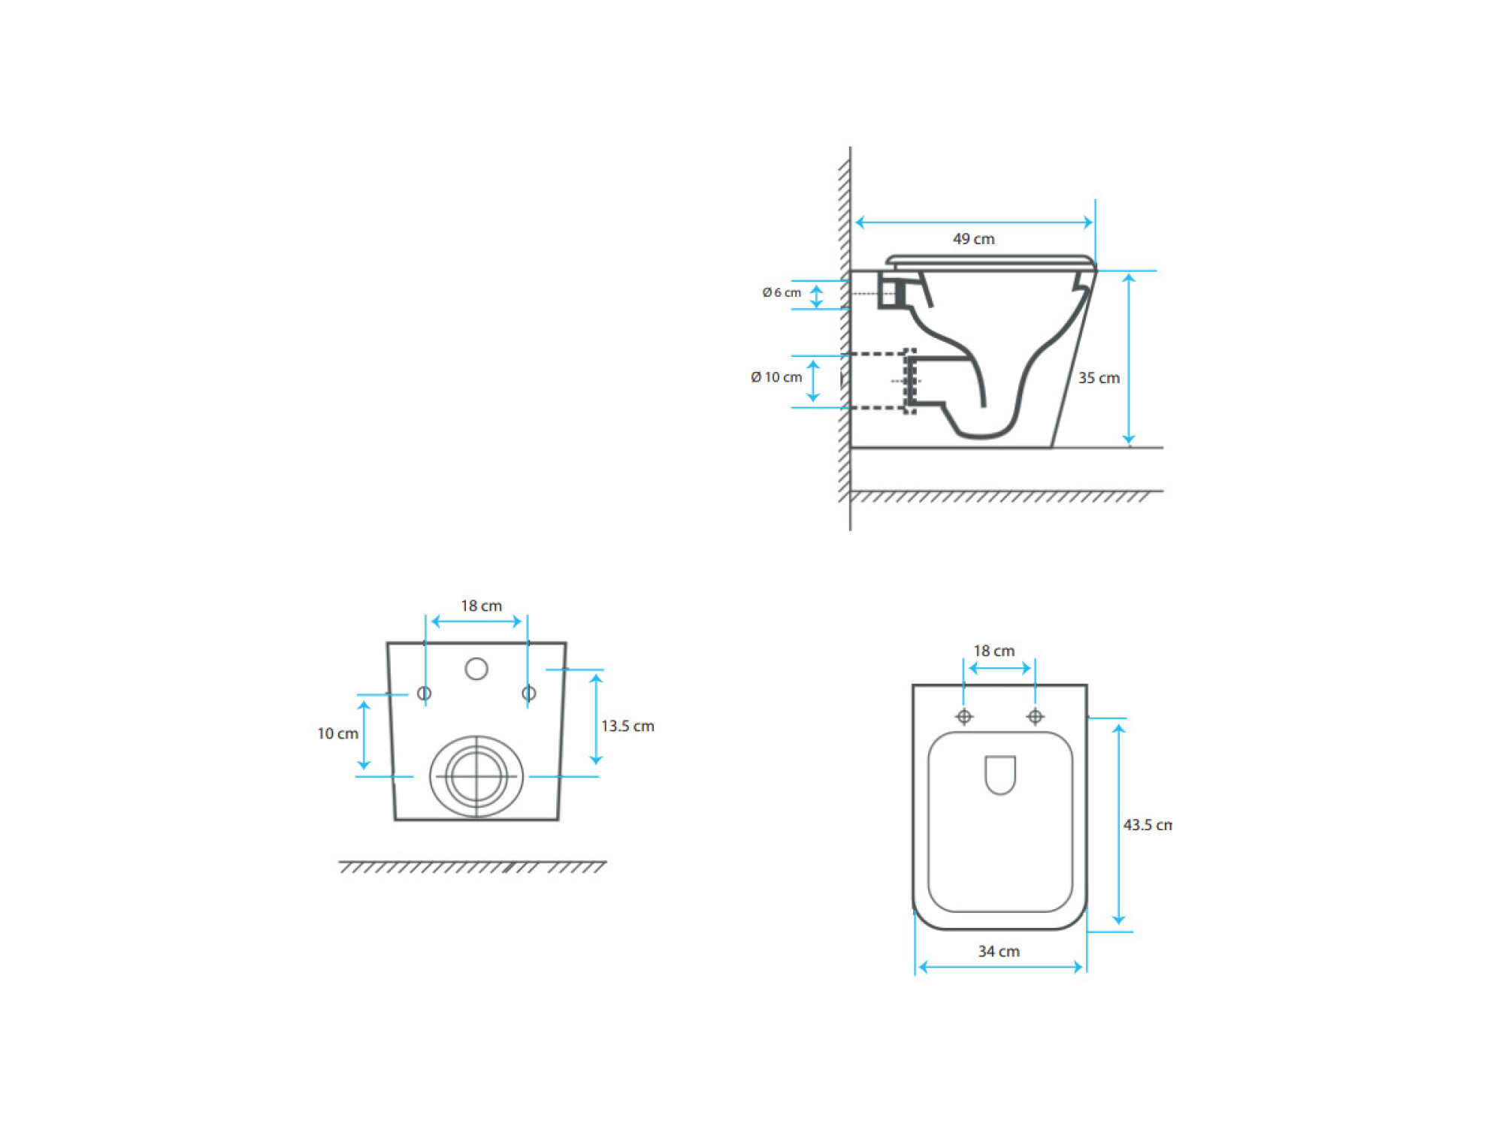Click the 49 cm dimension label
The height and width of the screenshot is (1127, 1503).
pyautogui.click(x=973, y=239)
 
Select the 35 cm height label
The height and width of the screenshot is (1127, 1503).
pyautogui.click(x=1099, y=378)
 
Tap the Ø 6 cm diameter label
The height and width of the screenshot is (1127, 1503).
pyautogui.click(x=782, y=292)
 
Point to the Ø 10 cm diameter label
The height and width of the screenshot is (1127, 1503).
pyautogui.click(x=776, y=377)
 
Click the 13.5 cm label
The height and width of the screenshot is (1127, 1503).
pyautogui.click(x=628, y=726)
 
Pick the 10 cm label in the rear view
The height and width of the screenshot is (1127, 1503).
pyautogui.click(x=337, y=733)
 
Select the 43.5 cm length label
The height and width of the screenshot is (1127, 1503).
pyautogui.click(x=1148, y=825)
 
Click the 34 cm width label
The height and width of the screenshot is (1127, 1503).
pyautogui.click(x=999, y=951)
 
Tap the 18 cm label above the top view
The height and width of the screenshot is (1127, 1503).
pyautogui.click(x=994, y=651)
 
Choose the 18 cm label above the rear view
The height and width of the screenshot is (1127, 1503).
pyautogui.click(x=481, y=606)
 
